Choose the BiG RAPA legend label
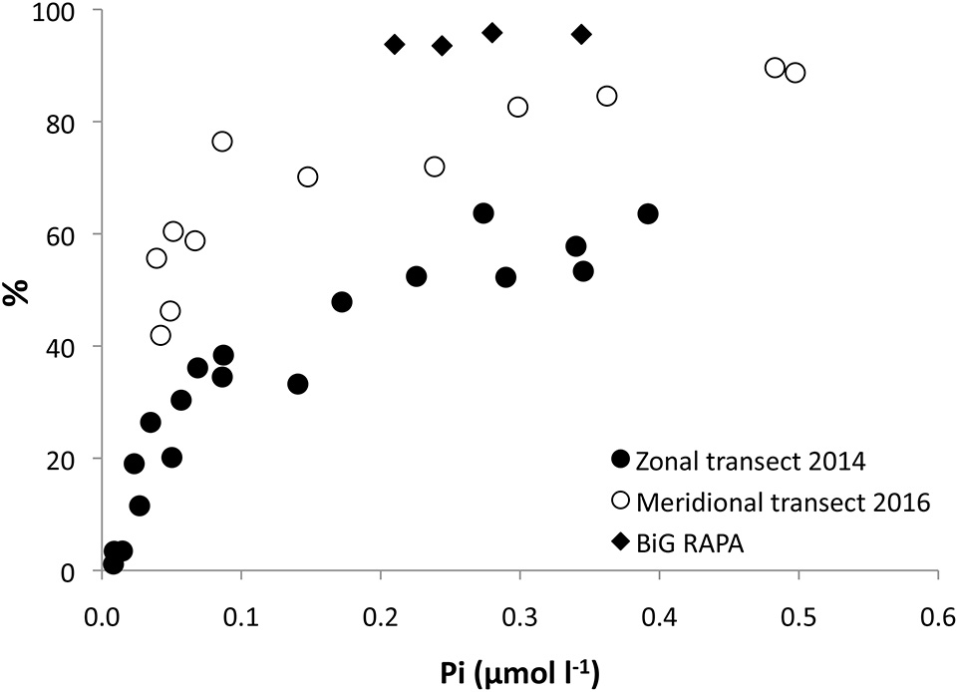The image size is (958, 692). pos(689,542)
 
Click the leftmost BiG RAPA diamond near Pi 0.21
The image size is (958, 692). pos(395,44)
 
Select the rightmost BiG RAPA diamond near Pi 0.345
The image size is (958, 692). pos(582,35)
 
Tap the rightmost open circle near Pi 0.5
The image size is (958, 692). pos(795,73)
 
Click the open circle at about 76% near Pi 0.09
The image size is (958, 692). pos(222,142)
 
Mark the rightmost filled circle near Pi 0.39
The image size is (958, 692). pos(648,213)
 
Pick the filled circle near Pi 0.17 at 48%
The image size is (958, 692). pos(342,302)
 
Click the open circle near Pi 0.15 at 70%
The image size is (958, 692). pos(308,176)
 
